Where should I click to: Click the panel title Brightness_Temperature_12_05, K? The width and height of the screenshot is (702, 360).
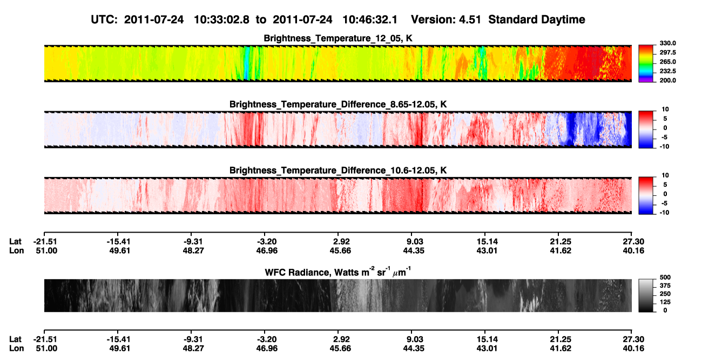(x=338, y=38)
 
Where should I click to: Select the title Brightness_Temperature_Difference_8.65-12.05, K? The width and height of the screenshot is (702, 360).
(x=338, y=104)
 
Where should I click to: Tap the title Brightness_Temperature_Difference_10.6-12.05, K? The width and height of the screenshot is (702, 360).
(x=338, y=171)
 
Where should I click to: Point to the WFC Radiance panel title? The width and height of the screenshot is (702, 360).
(x=338, y=272)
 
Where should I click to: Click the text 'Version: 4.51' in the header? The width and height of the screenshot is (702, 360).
(x=446, y=20)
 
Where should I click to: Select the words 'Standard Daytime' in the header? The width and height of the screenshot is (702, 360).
(x=537, y=20)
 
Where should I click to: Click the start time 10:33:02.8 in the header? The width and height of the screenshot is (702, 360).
(x=221, y=20)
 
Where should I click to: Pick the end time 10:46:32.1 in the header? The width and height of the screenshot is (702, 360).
(x=370, y=20)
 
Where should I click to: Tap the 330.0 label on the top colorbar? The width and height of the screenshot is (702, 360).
(x=667, y=43)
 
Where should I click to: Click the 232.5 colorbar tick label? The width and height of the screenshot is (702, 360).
(x=667, y=71)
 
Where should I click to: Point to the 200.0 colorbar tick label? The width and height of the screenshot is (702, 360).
(x=667, y=80)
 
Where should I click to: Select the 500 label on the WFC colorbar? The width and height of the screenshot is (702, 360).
(x=665, y=277)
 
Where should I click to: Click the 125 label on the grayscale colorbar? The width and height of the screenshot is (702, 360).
(x=665, y=302)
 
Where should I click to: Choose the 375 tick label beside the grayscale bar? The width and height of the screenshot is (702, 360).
(x=665, y=286)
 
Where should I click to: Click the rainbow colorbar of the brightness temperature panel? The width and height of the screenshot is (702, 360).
(x=646, y=64)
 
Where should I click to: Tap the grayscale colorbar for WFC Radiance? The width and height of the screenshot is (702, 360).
(x=646, y=295)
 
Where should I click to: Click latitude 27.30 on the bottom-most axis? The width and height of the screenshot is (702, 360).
(x=633, y=339)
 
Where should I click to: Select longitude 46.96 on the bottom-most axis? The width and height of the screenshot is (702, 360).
(x=267, y=349)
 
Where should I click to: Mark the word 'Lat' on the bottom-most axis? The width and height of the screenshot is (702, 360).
(x=15, y=339)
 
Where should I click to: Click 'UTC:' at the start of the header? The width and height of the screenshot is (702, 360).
(x=104, y=20)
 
